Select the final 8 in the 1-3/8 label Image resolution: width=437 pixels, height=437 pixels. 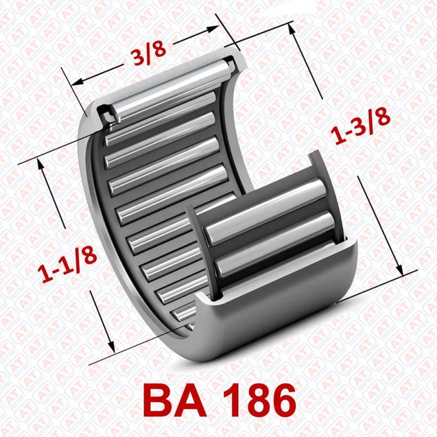pos(382,116)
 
